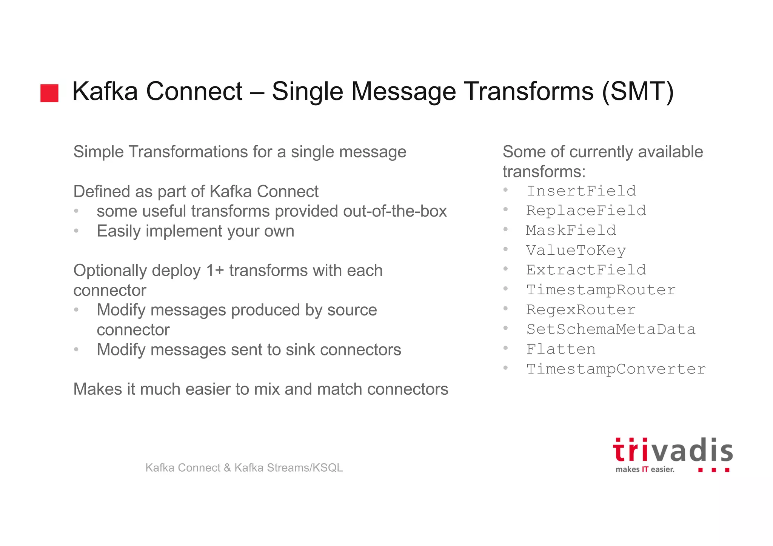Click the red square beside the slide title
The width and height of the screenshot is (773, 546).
coord(49,93)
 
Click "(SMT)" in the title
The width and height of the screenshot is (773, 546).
coord(637,92)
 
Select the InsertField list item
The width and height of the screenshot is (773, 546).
coord(581,191)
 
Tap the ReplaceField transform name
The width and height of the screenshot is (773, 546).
coord(586,211)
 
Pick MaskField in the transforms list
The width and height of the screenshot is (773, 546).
coord(571,231)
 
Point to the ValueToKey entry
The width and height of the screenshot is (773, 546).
coord(576,250)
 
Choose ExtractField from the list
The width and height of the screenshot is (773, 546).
coord(586,270)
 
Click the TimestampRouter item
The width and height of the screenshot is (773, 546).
coord(601,290)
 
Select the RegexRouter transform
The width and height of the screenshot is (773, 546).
coord(581,310)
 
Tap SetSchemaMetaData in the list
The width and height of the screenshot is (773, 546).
coord(611,329)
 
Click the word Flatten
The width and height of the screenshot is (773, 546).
coord(561,349)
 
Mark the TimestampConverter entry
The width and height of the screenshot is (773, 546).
coord(616,369)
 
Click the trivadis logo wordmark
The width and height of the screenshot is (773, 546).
coord(673,451)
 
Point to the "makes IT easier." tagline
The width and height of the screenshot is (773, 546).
coord(645,469)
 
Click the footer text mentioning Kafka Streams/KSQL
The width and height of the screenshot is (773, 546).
coord(244,468)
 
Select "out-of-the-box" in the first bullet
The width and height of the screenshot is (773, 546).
coord(395,211)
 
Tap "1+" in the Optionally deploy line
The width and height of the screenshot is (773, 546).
coord(215,271)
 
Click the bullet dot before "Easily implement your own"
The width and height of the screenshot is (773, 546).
coord(76,231)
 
